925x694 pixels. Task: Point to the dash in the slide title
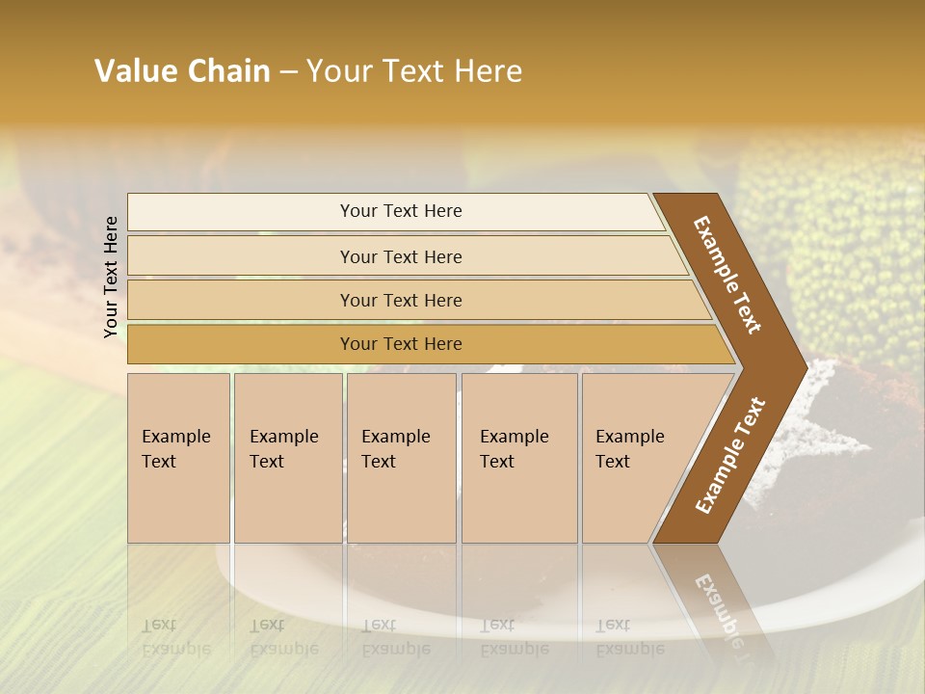coord(288,72)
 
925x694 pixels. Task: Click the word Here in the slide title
coord(488,71)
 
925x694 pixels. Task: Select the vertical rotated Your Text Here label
coord(111,277)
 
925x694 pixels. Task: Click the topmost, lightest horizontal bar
coord(400,211)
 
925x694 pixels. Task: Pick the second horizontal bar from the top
coord(400,256)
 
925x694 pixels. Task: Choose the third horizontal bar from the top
coord(400,300)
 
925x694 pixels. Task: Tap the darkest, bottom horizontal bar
coord(400,344)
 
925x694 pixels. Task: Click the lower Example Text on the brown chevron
coord(729,456)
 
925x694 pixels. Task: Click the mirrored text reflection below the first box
coord(176,637)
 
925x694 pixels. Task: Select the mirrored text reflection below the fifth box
coord(629,637)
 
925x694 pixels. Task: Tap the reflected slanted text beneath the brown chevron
coord(718,607)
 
